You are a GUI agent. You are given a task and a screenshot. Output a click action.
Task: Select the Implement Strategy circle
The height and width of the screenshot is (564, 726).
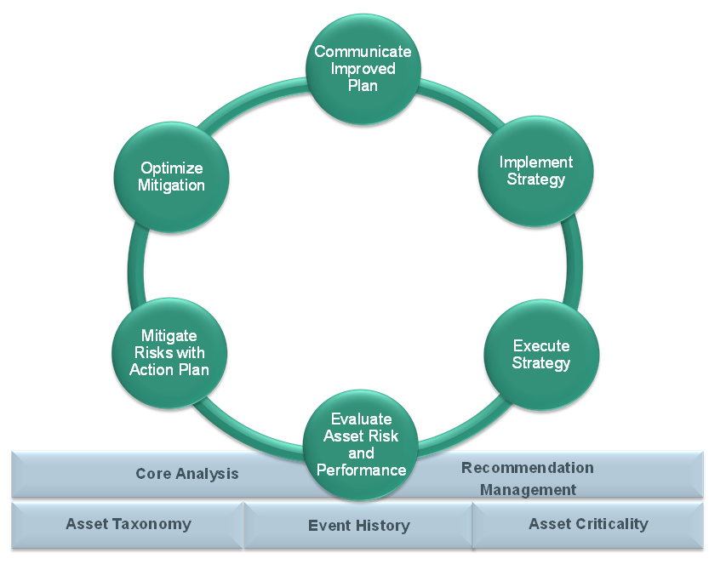(535, 171)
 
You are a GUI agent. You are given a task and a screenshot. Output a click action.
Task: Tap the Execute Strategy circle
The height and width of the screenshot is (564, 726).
(541, 355)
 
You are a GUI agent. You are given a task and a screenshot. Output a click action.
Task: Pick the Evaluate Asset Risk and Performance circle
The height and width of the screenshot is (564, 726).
(361, 445)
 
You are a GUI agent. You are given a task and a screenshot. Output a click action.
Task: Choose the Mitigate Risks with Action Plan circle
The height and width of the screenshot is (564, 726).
(169, 352)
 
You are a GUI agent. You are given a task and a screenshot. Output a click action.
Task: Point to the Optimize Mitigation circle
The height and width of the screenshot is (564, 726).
(171, 177)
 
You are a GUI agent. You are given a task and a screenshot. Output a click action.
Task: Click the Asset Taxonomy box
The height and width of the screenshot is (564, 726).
(128, 525)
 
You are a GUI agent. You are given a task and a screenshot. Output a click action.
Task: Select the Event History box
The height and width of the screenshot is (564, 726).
(358, 526)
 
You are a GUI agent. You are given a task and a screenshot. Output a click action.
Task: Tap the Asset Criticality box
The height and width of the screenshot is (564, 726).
(588, 525)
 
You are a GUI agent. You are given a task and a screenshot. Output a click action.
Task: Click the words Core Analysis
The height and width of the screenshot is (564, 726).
(187, 474)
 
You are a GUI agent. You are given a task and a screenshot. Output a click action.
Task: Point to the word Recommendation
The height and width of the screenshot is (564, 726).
(528, 468)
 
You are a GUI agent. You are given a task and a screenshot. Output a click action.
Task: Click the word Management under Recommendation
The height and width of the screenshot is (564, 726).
(528, 489)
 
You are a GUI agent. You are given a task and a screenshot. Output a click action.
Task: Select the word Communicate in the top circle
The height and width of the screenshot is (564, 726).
(363, 51)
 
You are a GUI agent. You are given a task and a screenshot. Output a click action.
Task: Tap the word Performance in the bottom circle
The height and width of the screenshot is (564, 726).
(361, 470)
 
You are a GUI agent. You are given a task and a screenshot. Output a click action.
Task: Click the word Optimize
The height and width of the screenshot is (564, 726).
(172, 168)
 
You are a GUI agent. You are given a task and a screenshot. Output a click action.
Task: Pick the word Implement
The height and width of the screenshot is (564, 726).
(535, 162)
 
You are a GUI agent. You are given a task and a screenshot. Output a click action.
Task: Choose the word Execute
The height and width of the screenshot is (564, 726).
(541, 345)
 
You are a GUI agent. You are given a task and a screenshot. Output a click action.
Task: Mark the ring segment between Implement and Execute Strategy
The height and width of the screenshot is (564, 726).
(575, 263)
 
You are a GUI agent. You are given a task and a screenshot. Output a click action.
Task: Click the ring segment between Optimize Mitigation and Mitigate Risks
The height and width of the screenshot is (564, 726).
(135, 266)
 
